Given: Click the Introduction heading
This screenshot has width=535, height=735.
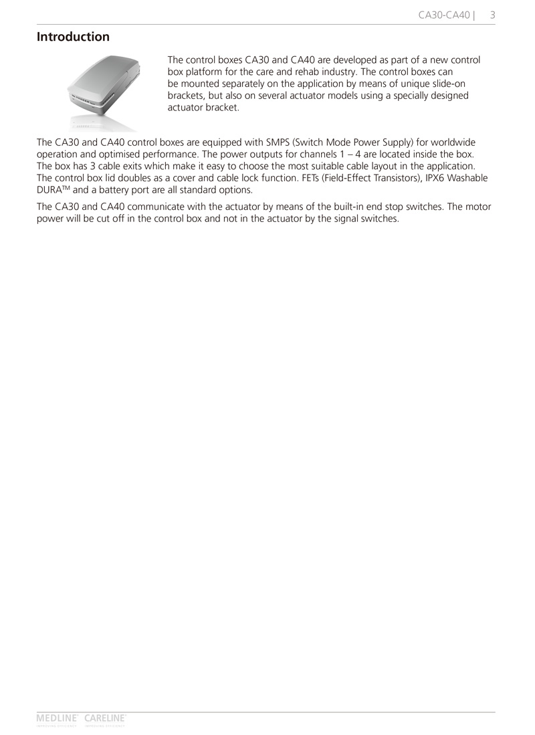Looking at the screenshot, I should point(73,37).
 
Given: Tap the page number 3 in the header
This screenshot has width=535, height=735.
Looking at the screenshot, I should point(492,14).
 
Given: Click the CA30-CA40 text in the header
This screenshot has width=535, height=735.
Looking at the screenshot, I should point(444,14).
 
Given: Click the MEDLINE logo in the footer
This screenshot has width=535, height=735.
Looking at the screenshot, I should point(58,718).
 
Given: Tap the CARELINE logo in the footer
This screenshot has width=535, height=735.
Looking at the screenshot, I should point(105,718).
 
